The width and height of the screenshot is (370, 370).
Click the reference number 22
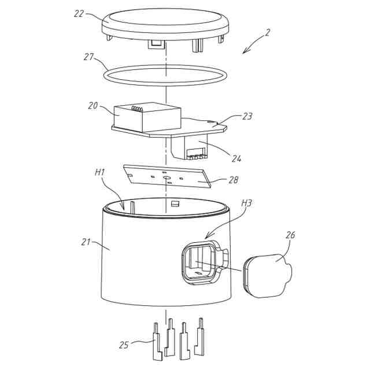79,12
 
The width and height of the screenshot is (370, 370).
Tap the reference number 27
88,57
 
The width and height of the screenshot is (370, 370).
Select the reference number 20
92,106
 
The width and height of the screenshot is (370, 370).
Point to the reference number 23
247,116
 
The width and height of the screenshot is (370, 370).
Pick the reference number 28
234,180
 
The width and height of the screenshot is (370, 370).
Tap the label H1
99,172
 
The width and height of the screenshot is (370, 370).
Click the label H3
247,203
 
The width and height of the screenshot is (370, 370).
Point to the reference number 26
291,235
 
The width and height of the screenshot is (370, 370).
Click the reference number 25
124,345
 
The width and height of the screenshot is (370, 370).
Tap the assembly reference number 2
267,33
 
